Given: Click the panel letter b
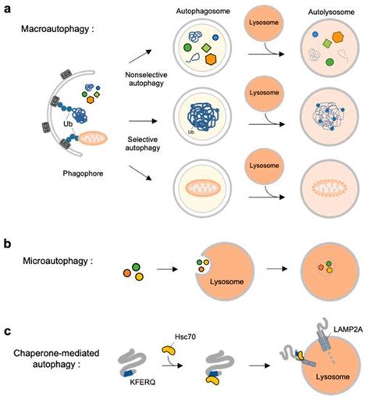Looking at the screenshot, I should [6, 244].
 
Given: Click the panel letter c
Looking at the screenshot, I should [6, 330].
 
